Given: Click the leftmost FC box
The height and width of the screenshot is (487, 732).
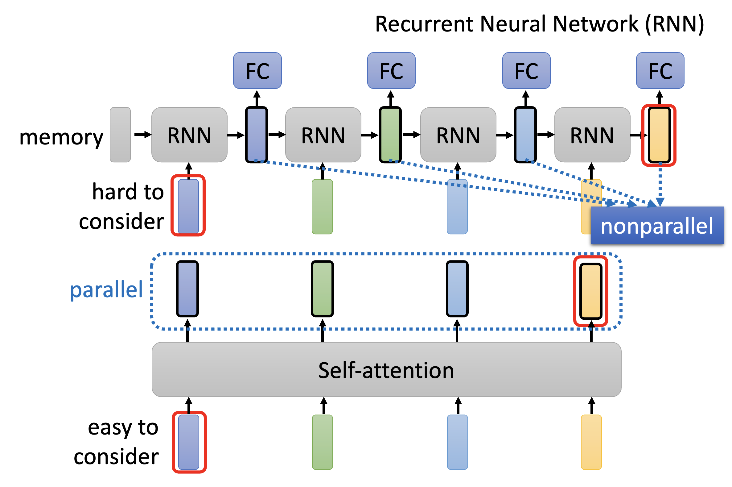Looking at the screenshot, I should pos(257,70).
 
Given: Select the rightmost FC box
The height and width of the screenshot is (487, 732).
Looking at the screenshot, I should pos(660,70).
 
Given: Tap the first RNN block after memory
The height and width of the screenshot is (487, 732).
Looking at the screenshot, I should pos(189,135).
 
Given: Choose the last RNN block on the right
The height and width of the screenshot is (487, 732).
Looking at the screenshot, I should pos(592,135).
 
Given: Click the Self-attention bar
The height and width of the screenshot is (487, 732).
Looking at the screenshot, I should pos(386,370).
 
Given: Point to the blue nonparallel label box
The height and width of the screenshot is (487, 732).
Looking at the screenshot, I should pos(656,225).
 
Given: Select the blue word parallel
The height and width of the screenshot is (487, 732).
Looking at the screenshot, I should pos(106,289).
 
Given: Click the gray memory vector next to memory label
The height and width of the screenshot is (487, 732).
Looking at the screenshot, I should pos(120,135).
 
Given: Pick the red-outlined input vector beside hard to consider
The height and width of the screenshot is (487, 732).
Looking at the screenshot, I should pos(188,206).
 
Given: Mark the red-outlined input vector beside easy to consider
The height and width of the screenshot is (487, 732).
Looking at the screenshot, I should pos(189,442).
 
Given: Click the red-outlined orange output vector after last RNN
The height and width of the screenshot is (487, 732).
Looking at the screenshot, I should pos(658,135).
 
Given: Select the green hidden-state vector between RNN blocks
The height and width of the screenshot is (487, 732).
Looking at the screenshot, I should pos(390,135).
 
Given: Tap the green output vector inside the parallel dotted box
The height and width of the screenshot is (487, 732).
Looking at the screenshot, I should pos(322,289).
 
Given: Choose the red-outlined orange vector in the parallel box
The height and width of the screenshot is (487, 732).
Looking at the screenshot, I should pos(590,291).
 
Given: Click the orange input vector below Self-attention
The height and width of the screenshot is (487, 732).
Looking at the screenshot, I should pos(591,442).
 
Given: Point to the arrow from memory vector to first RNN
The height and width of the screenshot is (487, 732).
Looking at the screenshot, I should pos(142,135).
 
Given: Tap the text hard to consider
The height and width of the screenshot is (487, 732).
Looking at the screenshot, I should pos(121,206).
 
